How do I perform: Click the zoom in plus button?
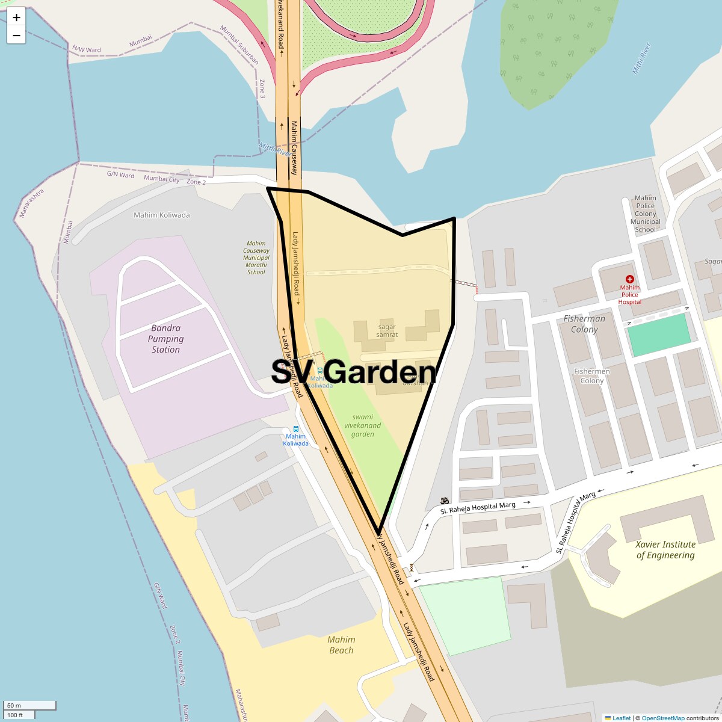coord(16,17)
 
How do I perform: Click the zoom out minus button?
coord(16,35)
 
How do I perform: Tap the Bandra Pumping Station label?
coord(166,339)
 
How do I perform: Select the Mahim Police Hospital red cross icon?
coord(629,279)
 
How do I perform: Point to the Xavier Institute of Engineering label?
coord(665,549)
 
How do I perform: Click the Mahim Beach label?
coord(342,644)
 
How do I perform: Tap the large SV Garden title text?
coord(354,372)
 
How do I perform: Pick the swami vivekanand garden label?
coord(363,425)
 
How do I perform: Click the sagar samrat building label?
coord(387,330)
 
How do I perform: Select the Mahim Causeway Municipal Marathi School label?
coord(256,258)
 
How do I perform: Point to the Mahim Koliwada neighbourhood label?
coord(162,215)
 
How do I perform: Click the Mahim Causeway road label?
coord(295,148)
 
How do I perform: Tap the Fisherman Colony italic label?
coord(584,324)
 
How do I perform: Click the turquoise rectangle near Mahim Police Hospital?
coord(659,334)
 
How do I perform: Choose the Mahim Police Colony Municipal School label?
coord(646,214)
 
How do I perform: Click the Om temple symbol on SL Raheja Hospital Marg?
coord(445,500)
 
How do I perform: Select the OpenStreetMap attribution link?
coord(662,718)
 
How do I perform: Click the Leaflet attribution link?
coord(621,718)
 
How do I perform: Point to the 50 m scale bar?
coord(30,705)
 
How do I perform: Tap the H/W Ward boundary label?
coord(87,49)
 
